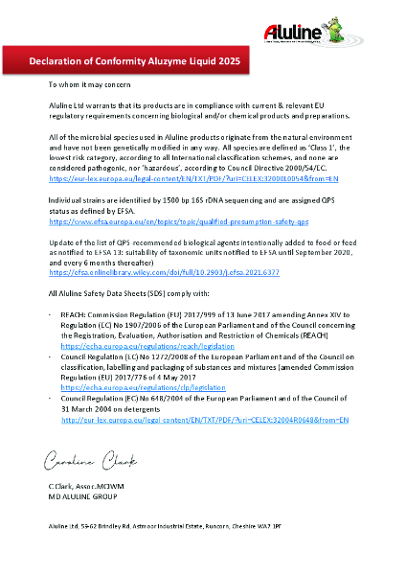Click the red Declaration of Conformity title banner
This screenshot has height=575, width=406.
tap(134, 62)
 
